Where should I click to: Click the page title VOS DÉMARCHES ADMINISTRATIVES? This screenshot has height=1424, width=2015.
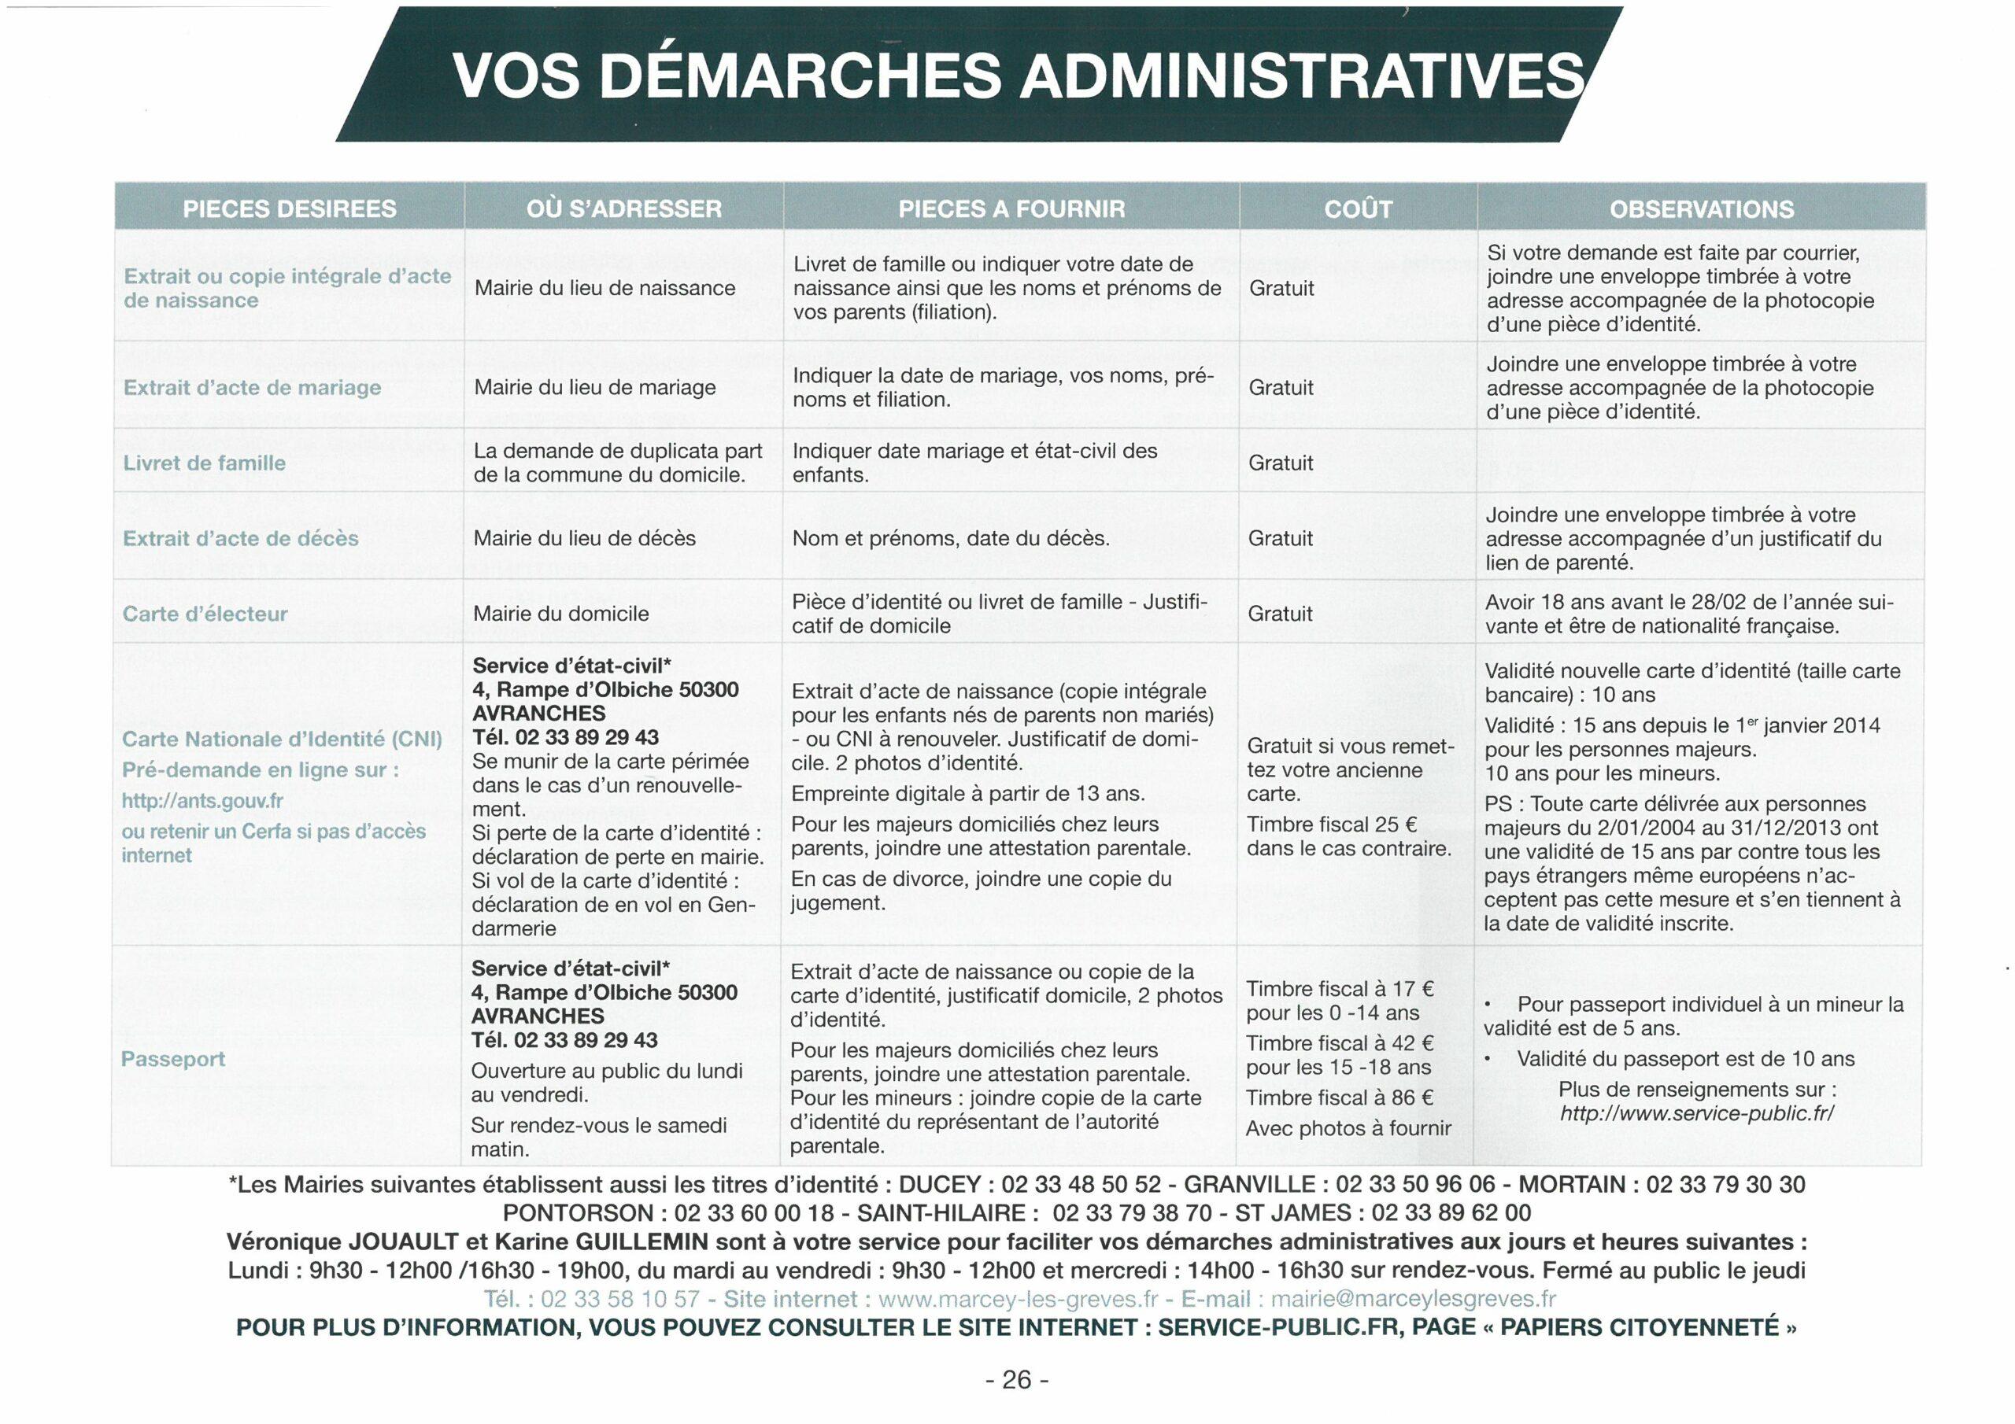click(x=1018, y=76)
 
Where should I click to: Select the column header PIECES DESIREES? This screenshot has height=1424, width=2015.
click(x=289, y=208)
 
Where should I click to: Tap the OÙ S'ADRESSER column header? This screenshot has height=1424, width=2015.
click(x=624, y=208)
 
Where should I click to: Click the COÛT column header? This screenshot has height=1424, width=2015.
click(x=1357, y=208)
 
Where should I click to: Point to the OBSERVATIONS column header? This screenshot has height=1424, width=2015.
click(x=1701, y=208)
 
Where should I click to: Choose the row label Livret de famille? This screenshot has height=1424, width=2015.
click(x=205, y=463)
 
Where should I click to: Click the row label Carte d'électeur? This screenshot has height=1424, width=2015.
click(x=205, y=614)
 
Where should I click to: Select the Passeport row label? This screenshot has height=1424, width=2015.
click(x=173, y=1059)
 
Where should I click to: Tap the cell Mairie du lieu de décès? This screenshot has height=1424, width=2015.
click(x=585, y=538)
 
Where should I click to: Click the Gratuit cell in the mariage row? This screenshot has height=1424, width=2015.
click(x=1281, y=388)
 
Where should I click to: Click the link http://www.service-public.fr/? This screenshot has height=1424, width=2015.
click(x=1696, y=1113)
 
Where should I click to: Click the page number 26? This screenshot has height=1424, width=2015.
click(x=1016, y=1380)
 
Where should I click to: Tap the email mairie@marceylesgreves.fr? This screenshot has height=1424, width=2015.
click(x=1413, y=1300)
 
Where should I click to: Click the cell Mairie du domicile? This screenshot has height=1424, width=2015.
click(x=560, y=614)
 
